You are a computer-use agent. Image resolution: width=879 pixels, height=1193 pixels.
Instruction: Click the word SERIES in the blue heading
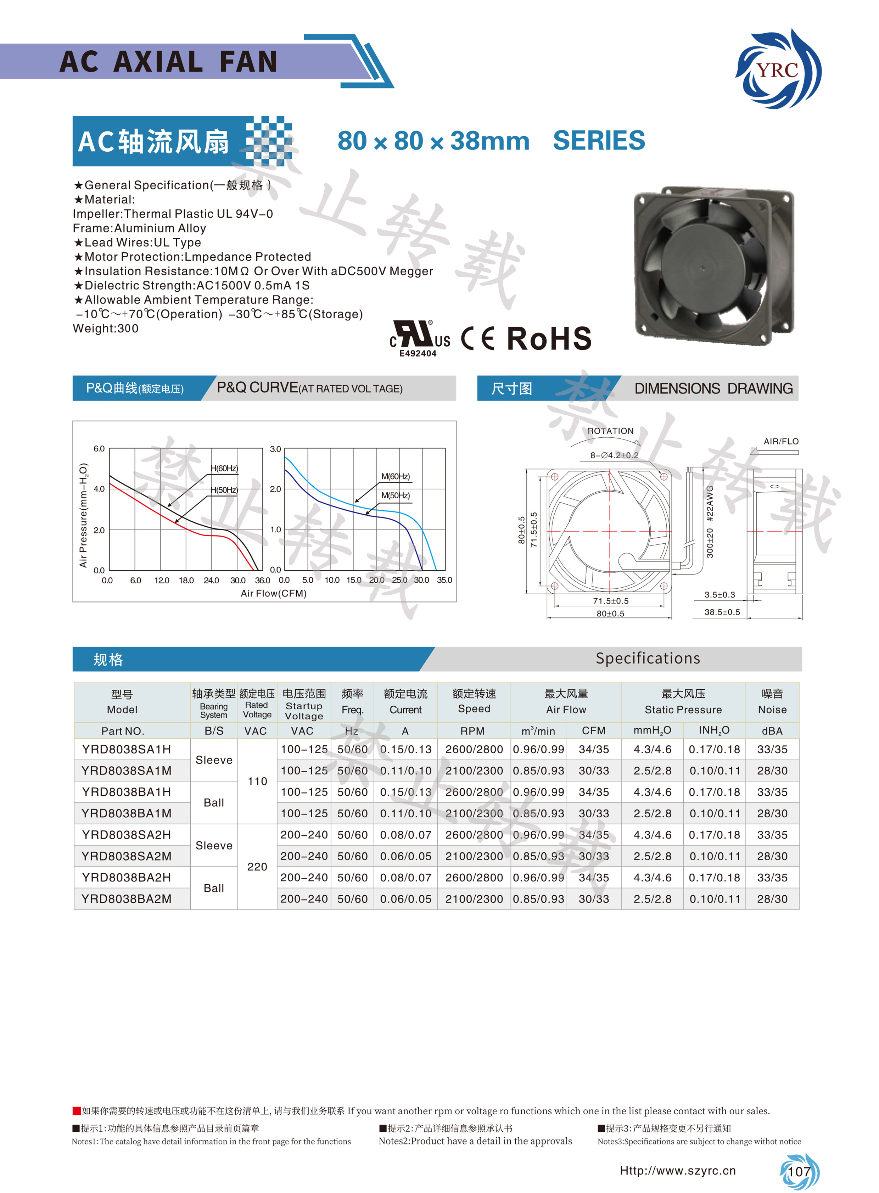coord(599,141)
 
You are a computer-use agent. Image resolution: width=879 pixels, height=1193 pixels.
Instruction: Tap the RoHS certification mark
coord(549,338)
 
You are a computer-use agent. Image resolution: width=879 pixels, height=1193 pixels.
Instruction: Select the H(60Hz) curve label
coord(224,468)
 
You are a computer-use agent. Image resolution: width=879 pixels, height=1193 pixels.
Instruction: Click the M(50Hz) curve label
coord(395,495)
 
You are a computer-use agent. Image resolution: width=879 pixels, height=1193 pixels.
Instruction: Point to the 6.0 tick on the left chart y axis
coord(99,449)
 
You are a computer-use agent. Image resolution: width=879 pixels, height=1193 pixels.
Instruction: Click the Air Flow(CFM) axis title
coord(274,593)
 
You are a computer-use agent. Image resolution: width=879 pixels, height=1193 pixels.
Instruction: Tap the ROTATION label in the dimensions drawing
coord(610,431)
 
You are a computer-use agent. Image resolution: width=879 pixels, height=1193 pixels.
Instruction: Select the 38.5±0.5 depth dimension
coord(722,612)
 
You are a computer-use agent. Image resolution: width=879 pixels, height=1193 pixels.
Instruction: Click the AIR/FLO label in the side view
coord(780,441)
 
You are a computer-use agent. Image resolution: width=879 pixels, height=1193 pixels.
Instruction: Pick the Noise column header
coord(772,702)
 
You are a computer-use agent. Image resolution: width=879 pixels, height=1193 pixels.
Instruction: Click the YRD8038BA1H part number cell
coord(127,792)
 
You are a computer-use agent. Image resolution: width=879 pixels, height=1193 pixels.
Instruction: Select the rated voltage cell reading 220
coord(257,867)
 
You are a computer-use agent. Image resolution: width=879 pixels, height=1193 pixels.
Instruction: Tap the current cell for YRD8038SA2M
coord(405,856)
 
